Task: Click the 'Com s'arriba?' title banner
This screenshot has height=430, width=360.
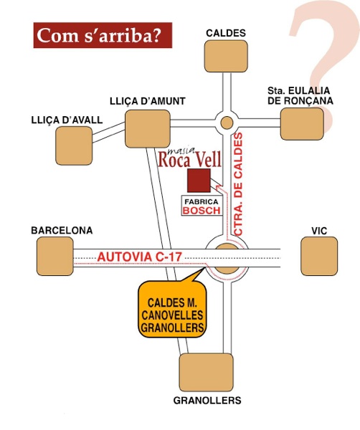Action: coord(103,35)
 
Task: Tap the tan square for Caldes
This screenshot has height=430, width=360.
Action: coord(226,56)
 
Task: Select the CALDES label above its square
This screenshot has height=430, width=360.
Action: coord(226,33)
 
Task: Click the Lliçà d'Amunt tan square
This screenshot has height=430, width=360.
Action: coord(148,129)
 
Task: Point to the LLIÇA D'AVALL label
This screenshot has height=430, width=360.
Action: coord(67,120)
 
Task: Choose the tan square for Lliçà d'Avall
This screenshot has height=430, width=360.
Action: coord(74,145)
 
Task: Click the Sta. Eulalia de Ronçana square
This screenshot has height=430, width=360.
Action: coord(302,124)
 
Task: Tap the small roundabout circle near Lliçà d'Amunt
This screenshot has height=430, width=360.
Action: coord(227,123)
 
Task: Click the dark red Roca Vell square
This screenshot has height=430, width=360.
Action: coord(199,180)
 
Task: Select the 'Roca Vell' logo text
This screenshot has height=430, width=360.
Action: coord(189,159)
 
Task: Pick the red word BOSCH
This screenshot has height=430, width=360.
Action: coord(202,211)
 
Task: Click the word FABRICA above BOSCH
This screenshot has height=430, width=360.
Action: coord(202,202)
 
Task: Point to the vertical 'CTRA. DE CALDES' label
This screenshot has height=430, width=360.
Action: coord(239,184)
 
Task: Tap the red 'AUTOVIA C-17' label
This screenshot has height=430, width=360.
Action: coord(140,257)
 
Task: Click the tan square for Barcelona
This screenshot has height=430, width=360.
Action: coord(55,256)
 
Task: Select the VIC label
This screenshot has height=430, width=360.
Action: coord(319,231)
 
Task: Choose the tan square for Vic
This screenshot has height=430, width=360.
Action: coord(319,256)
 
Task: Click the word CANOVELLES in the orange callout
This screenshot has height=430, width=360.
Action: coord(172,315)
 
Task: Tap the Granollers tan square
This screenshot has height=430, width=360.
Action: coord(207,373)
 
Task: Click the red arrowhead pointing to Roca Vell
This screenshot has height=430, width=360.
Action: coord(219,188)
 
